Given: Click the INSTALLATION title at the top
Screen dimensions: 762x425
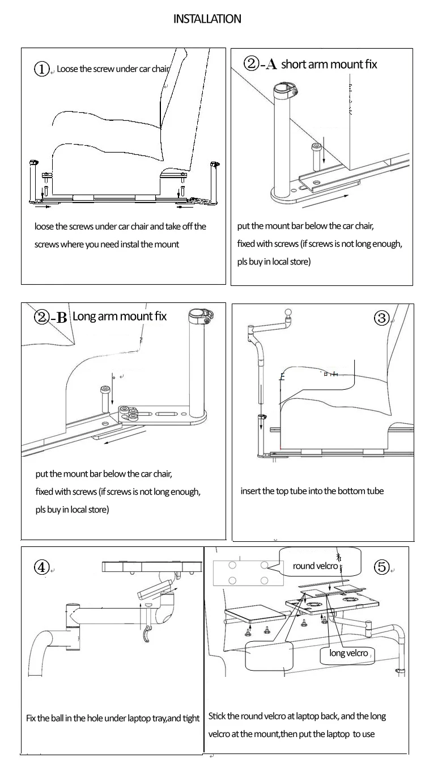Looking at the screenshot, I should pos(207,19).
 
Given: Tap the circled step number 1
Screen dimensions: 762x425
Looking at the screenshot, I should pos(42,69).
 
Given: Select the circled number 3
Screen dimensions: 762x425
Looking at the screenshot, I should pos(382,318).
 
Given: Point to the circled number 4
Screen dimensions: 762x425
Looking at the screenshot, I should pos(41,567).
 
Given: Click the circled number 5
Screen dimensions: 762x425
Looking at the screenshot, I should pos(382,566).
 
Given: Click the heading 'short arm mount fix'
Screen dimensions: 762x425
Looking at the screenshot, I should pos(329,64).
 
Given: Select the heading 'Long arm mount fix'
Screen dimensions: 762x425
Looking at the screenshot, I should pos(120,317).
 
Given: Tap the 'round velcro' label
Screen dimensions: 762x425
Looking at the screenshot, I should pos(315,566).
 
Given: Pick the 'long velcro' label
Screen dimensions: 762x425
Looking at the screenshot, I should pos(348,653).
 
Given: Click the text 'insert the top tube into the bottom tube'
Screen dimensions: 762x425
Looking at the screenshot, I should pos(312,491).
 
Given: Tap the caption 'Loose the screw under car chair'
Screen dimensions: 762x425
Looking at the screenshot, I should pos(113,69).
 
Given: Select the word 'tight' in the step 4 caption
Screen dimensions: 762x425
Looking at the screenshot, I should pos(191,718).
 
